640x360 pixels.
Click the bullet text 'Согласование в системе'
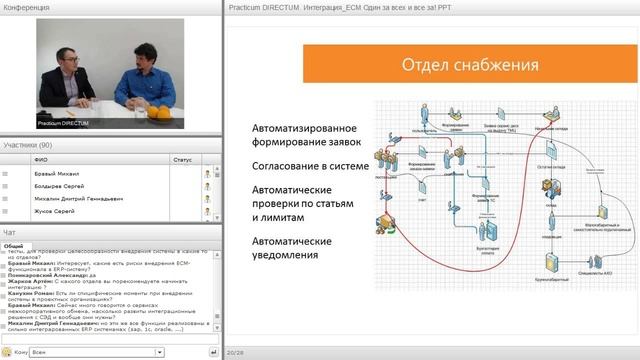click(x=310, y=165)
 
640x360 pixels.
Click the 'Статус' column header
click(x=182, y=159)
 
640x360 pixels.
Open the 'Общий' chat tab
click(x=13, y=245)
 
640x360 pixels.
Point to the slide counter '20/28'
click(x=237, y=352)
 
